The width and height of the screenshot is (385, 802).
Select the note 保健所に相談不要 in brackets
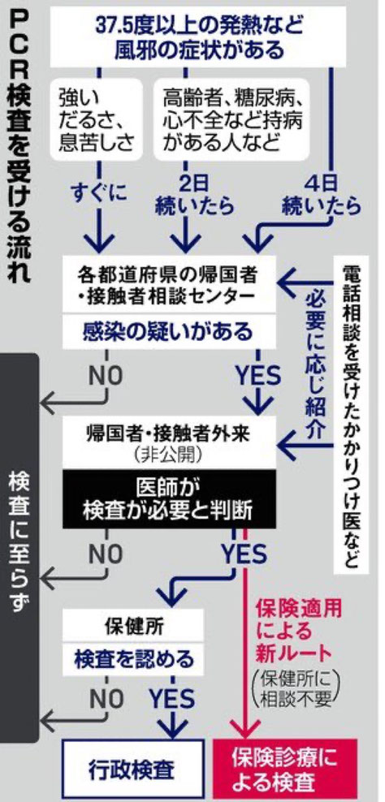297,688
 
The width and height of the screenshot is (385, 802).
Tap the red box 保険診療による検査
284,770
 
